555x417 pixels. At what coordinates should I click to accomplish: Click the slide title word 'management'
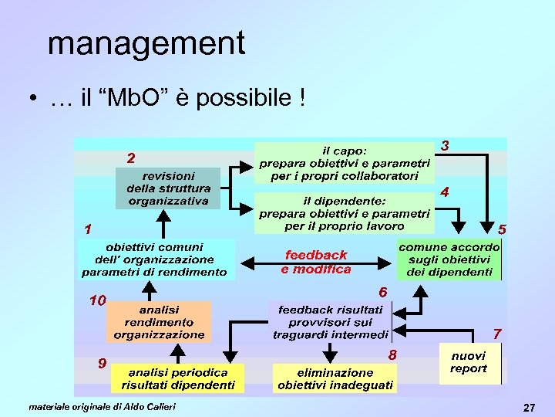coord(146,43)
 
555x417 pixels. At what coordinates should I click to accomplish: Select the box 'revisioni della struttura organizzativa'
coord(168,188)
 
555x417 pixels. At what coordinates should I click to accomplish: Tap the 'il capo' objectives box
coord(344,163)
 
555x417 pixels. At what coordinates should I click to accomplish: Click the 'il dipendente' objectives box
coord(344,213)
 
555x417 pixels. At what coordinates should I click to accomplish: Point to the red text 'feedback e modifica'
coord(316,262)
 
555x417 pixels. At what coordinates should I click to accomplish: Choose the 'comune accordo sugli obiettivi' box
coord(449,259)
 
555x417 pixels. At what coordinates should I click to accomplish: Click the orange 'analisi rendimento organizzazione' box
coord(159,322)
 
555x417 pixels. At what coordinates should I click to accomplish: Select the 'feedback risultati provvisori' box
coord(330,322)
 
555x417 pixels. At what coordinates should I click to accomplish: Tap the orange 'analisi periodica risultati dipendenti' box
coord(178,378)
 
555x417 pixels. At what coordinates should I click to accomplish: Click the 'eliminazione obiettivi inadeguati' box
coord(335,378)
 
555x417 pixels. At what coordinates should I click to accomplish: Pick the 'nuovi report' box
coord(469,362)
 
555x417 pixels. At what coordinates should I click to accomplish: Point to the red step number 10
coord(97,300)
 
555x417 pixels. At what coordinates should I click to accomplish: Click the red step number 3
coord(446,146)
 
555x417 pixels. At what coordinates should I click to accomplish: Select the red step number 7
coord(497,334)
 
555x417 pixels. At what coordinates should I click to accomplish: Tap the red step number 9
coord(102,363)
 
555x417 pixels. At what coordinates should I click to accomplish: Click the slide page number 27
coord(528,407)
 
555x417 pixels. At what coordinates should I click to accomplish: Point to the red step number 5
coord(502,229)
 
